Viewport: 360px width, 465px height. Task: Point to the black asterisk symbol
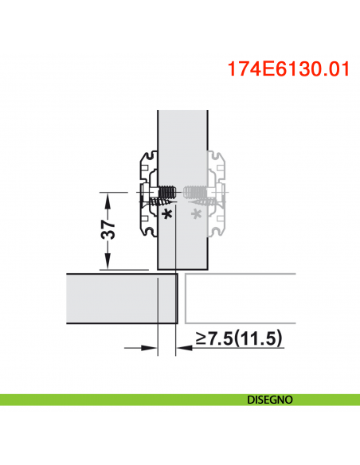tap(166, 215)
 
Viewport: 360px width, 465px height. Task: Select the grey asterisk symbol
tap(197, 215)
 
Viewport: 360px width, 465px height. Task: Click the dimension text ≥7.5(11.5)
tap(239, 339)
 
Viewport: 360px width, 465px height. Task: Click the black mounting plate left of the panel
tap(147, 195)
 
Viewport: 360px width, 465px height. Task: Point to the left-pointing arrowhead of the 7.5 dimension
tap(181, 346)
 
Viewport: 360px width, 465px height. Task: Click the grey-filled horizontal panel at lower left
tap(119, 300)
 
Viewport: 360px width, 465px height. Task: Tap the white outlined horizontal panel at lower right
tap(239, 300)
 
